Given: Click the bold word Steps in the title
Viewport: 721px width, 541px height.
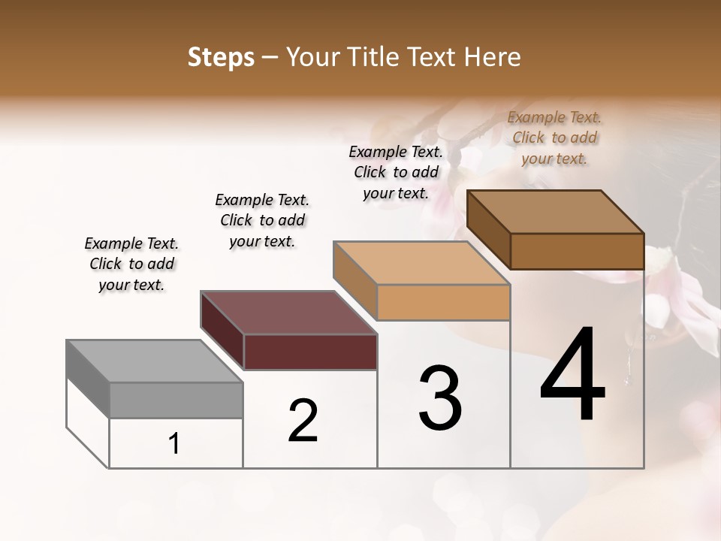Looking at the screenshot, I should pyautogui.click(x=221, y=57).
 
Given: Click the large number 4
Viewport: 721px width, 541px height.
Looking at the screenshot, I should pyautogui.click(x=572, y=376).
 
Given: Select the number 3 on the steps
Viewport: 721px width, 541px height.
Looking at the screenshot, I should pyautogui.click(x=439, y=398).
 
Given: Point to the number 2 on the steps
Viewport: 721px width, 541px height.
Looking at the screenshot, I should pyautogui.click(x=303, y=421).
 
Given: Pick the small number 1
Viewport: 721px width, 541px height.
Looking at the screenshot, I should pyautogui.click(x=173, y=444).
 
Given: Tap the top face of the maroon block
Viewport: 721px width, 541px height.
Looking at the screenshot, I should pyautogui.click(x=288, y=313).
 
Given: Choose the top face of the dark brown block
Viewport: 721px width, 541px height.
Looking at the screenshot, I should pyautogui.click(x=555, y=212).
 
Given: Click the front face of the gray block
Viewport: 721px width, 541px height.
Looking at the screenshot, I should pyautogui.click(x=176, y=400).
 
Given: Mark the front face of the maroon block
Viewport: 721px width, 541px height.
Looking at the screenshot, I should pyautogui.click(x=310, y=352).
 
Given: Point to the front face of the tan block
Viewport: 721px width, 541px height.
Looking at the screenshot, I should pyautogui.click(x=443, y=303).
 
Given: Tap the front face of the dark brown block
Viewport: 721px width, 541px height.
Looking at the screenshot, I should pyautogui.click(x=577, y=251).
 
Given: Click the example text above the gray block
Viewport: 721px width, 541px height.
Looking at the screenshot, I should pyautogui.click(x=131, y=264).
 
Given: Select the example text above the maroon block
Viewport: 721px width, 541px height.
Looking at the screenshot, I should pyautogui.click(x=262, y=221).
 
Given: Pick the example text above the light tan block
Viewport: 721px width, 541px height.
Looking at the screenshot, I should pyautogui.click(x=396, y=172).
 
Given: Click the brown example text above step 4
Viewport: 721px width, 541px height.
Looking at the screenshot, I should pyautogui.click(x=554, y=138).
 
